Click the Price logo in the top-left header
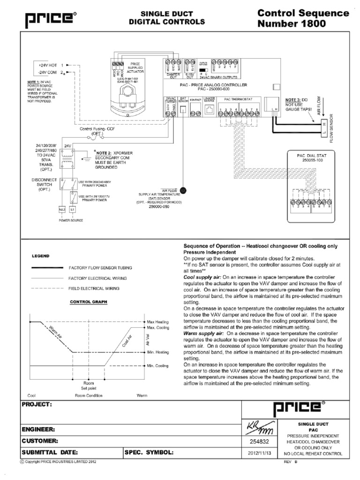click(x=46, y=18)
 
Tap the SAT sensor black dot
click(x=182, y=190)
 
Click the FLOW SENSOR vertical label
click(x=332, y=128)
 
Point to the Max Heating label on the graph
click(x=158, y=322)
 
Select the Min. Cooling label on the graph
click(x=157, y=365)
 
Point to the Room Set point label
click(x=88, y=385)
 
